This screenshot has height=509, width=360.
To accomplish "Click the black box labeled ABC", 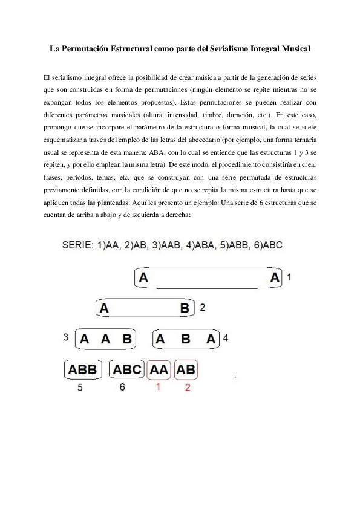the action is [x=128, y=369].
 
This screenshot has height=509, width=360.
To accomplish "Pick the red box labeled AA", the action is [x=159, y=369].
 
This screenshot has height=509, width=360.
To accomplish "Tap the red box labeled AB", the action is [x=186, y=369].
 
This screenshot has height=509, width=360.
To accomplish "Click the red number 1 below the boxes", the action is [x=158, y=387].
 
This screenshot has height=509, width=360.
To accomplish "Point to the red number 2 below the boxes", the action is [x=187, y=387].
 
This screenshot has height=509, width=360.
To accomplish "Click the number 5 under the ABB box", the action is [x=80, y=387].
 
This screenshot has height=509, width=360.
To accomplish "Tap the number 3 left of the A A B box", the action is [x=65, y=337].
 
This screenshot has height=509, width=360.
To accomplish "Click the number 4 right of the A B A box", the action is [x=225, y=337].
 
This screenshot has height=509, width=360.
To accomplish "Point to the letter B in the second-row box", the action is [x=185, y=308].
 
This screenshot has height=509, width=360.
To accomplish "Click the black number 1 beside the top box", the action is [x=289, y=277].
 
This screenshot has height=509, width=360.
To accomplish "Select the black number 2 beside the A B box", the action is [x=203, y=307].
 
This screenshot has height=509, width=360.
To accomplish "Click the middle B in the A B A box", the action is [x=186, y=339].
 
